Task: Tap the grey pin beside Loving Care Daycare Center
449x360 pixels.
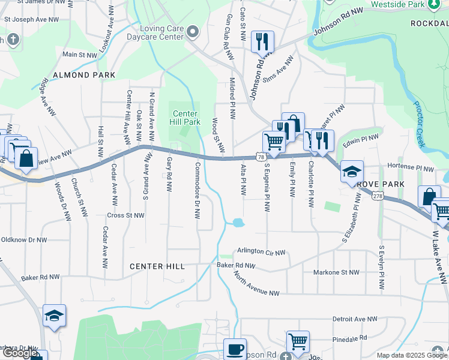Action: tap(193, 31)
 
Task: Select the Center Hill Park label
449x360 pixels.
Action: tap(186, 118)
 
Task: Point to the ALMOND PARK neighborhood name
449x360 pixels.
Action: tap(84, 75)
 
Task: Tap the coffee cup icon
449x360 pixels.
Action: tap(235, 349)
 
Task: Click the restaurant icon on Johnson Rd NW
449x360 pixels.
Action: tap(262, 41)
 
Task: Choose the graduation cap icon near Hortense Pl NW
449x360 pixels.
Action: tap(352, 171)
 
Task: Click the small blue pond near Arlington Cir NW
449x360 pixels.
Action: tap(238, 223)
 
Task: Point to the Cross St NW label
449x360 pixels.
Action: tap(125, 215)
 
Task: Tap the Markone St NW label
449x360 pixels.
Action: tap(336, 272)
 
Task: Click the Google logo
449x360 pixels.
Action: tap(20, 353)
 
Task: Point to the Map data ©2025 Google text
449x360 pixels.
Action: tap(411, 355)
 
